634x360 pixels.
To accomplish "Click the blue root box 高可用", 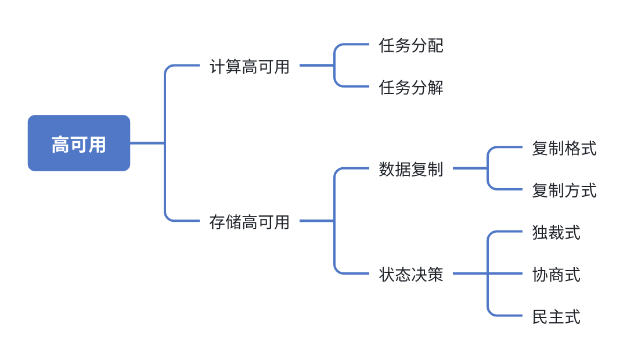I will coord(79,143).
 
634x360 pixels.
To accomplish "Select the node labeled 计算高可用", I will coord(249,66).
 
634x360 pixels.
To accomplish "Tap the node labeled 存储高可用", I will coord(249,222).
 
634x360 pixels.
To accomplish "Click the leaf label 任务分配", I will coord(411,45).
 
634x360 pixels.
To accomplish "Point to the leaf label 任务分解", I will coord(411,88).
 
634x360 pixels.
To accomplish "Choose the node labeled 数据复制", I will coord(411,169).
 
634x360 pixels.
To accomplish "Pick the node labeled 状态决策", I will coord(411,274).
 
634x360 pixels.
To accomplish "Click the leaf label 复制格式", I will coord(564,148).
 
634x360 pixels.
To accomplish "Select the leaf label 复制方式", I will coord(564,190).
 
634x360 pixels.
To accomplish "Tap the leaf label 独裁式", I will coord(556,232).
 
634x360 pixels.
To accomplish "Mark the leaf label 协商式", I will coord(556,274).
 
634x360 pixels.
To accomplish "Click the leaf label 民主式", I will coord(556,316).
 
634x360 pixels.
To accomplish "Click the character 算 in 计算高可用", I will coord(233,66).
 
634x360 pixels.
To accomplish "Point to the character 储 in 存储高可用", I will coord(233,222).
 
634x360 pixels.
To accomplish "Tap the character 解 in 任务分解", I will coord(435,88).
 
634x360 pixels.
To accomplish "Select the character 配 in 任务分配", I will coord(435,45).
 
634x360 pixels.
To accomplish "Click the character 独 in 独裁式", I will coord(540,232).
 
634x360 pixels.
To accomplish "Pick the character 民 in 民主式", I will coord(540,316).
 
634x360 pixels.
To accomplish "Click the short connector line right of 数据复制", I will coord(469,168).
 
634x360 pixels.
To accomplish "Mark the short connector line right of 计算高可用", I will coord(316,66).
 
